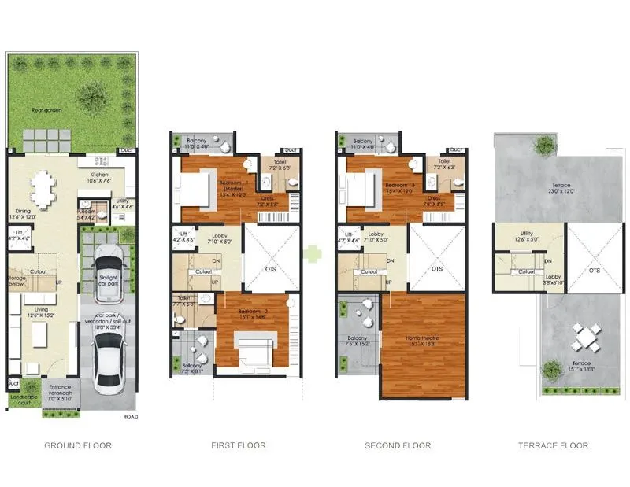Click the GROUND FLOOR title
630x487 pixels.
pyautogui.click(x=77, y=445)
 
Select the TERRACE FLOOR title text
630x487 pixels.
pyautogui.click(x=552, y=445)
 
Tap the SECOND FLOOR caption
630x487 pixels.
pyautogui.click(x=398, y=445)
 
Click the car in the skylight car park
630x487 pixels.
pyautogui.click(x=106, y=274)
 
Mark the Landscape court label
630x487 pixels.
pyautogui.click(x=23, y=400)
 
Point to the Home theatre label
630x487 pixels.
pyautogui.click(x=422, y=342)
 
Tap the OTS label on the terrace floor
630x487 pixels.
pyautogui.click(x=595, y=270)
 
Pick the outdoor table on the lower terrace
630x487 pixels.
pyautogui.click(x=585, y=338)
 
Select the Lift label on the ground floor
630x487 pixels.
pyautogui.click(x=17, y=236)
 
